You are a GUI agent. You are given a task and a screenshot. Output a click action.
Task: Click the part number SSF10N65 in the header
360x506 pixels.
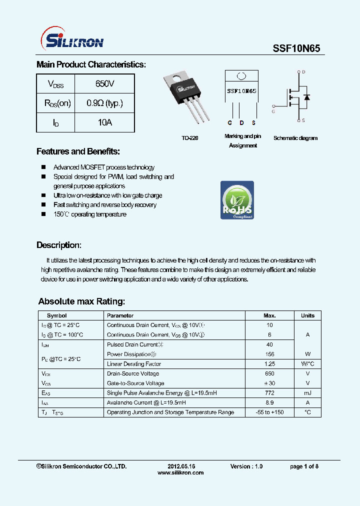point(296,48)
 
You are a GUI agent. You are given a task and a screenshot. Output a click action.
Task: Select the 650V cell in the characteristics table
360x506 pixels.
point(104,83)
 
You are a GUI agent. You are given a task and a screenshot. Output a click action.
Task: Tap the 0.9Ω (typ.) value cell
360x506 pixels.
point(104,103)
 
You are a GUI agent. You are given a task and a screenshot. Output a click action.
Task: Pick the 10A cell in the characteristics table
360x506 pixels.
point(104,122)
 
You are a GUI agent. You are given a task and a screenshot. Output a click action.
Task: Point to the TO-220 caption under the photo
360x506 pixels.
point(189,138)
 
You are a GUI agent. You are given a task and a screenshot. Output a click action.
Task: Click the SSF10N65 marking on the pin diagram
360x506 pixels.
point(241,91)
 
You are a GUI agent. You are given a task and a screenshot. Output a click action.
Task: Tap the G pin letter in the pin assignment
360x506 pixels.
point(229,123)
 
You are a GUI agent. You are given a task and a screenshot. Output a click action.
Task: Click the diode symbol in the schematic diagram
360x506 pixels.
point(306,96)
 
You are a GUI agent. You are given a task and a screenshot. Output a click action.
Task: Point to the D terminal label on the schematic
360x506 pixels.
point(303,72)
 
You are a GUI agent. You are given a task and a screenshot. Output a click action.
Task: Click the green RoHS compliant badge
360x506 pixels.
point(237,200)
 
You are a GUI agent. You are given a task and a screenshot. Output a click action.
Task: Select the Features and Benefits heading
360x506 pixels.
point(78,151)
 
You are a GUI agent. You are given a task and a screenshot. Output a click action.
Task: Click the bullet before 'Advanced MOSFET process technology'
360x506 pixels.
point(43,167)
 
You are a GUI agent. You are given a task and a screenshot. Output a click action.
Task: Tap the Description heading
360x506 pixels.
point(58,245)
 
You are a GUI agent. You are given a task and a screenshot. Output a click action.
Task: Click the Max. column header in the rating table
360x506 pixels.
point(269,315)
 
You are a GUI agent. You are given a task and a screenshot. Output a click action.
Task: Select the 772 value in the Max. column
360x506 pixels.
point(269,393)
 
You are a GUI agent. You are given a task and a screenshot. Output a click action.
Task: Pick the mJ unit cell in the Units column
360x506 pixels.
point(307,393)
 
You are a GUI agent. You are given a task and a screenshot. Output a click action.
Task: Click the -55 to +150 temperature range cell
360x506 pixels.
point(269,412)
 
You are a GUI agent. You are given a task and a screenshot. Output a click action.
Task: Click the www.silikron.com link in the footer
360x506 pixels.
point(180,472)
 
